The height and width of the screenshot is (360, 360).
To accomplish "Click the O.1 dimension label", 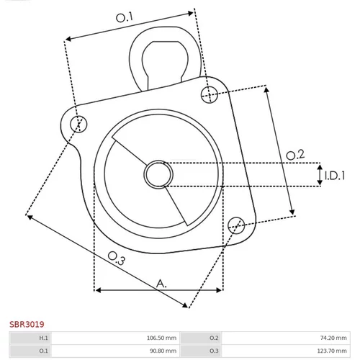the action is point(124,17).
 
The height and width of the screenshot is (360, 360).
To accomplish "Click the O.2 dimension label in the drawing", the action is point(295,155).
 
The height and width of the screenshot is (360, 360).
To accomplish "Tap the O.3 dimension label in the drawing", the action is point(117,258).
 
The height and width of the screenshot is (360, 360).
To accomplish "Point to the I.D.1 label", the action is point(335,176).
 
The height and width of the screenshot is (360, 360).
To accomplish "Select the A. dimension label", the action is point(161,284).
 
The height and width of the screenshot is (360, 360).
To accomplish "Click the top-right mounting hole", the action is point(210,94).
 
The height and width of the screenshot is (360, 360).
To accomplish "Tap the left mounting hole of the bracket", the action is point(78,124).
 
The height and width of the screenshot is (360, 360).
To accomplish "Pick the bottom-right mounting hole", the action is point(236,225).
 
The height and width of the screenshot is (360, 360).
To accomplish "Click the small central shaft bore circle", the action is point(158,174).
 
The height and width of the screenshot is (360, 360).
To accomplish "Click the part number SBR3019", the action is point(27,324).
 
